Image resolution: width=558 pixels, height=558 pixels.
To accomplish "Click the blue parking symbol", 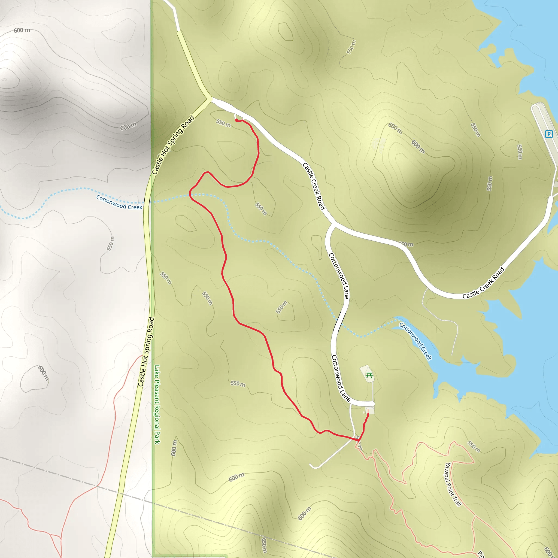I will (548, 134).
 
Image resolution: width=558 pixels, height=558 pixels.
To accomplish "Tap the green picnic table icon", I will (369, 375).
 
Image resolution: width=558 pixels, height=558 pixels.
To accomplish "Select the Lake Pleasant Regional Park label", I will (157, 404).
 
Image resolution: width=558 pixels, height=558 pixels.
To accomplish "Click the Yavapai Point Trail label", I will (453, 484).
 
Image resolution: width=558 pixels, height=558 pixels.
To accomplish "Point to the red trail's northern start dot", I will (236, 120).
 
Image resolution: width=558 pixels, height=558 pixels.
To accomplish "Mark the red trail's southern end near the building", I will (368, 414).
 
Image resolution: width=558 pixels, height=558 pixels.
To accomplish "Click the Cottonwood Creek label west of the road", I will (119, 202).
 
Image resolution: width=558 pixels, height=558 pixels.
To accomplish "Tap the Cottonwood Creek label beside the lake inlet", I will (415, 341).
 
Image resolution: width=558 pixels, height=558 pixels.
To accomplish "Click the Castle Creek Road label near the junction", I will (314, 186).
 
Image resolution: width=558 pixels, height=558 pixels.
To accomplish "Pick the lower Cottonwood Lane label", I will (340, 378).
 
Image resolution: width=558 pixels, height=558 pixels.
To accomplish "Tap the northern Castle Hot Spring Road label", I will (173, 145).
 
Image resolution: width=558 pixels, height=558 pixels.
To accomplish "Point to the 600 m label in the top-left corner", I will (22, 30).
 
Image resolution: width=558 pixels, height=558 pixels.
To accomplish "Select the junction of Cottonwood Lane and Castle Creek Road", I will (334, 224).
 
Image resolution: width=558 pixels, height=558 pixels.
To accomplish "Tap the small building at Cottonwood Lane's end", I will (370, 410).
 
